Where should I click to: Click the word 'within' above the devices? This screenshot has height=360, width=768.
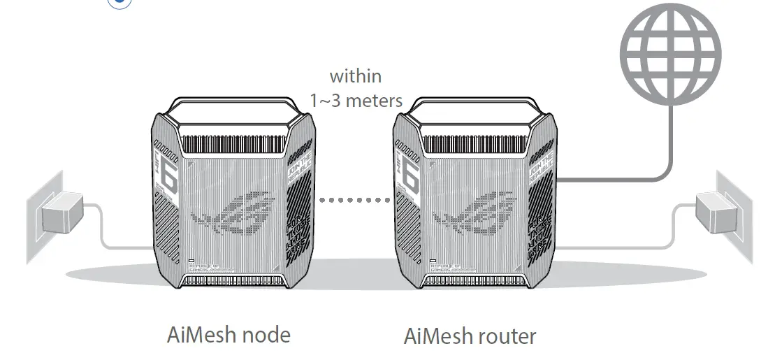[x=356, y=75]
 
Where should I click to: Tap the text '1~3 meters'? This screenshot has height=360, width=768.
[x=356, y=100]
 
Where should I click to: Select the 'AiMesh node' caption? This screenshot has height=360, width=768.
[x=229, y=334]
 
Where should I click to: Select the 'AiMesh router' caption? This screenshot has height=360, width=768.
[x=470, y=336]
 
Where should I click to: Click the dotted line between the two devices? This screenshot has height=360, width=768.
[x=356, y=199]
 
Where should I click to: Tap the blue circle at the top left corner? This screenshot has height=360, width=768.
[x=119, y=3]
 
